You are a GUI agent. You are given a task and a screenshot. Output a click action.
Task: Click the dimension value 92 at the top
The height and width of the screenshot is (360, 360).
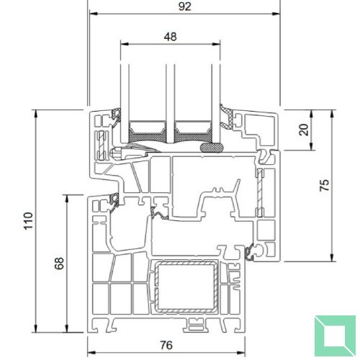click(184, 6)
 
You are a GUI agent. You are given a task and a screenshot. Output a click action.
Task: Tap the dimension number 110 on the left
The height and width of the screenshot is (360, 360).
click(28, 220)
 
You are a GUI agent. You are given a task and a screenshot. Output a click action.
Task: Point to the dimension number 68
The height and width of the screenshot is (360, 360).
click(59, 264)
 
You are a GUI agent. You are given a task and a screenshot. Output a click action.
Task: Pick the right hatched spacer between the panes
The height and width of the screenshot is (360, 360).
click(193, 132)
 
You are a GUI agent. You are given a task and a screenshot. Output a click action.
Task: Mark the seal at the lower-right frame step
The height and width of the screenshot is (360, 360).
click(253, 251)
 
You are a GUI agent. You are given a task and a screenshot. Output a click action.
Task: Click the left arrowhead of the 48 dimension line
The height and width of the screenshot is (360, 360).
click(122, 43)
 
